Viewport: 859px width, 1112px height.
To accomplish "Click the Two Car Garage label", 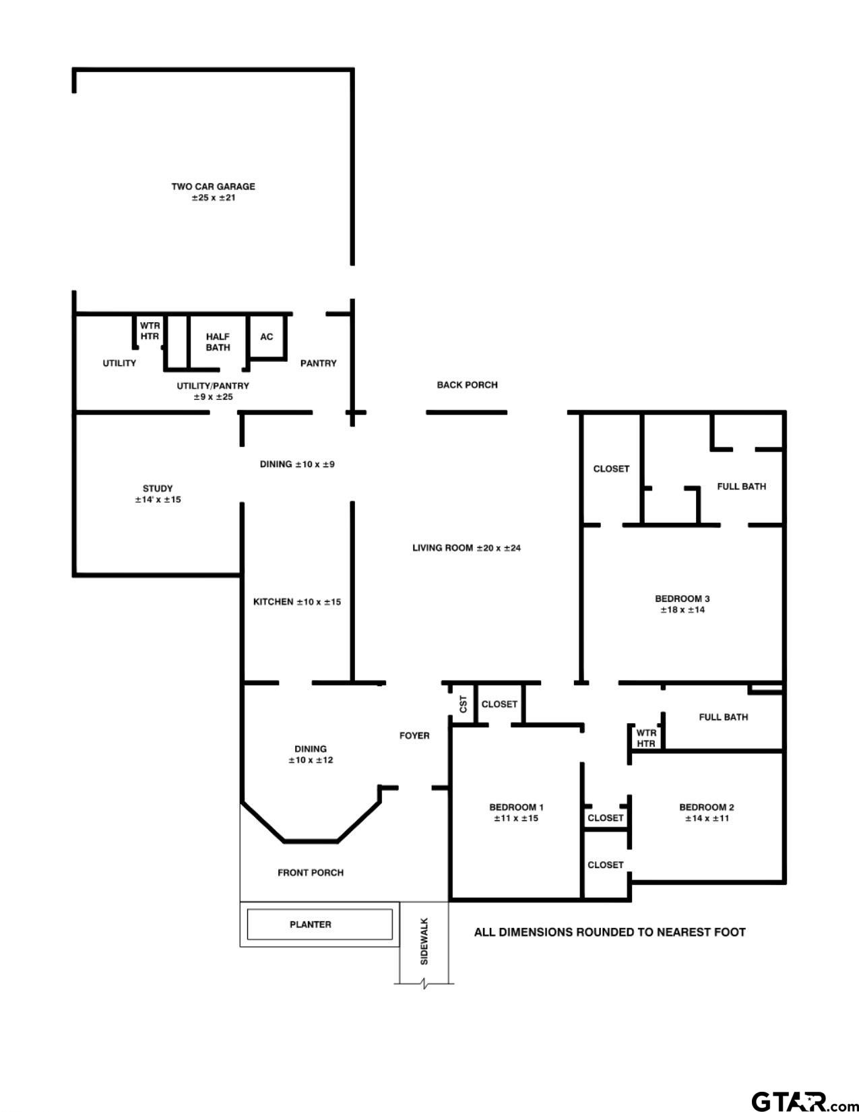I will click(x=213, y=192).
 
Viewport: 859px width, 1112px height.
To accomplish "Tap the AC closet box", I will click(x=267, y=336).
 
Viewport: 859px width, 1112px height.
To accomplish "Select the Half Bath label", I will click(x=218, y=342).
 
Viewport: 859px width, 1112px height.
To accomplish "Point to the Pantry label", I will click(x=318, y=363).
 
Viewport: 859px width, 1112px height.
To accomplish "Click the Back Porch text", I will click(x=467, y=385).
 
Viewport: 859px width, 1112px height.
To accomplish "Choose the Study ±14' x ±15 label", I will click(x=158, y=494).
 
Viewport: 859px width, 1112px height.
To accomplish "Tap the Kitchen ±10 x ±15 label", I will click(x=296, y=602).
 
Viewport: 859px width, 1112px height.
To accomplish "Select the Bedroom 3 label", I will click(x=682, y=604).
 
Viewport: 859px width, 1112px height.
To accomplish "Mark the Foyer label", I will click(x=414, y=735).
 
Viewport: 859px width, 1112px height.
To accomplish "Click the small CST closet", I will click(x=463, y=704).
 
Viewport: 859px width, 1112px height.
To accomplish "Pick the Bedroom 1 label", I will click(x=516, y=813).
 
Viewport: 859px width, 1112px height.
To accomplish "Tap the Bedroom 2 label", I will click(x=706, y=813).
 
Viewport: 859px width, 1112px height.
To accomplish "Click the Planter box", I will click(x=319, y=924).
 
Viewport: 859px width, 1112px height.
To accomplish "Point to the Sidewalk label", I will click(x=424, y=941).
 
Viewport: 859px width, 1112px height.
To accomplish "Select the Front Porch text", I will click(x=311, y=873).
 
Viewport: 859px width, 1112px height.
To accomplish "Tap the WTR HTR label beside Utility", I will click(x=150, y=331).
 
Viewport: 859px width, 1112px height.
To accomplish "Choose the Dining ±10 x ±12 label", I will click(x=310, y=754).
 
